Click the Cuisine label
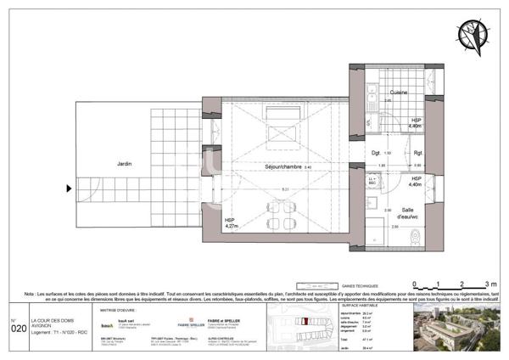400,93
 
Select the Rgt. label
417,154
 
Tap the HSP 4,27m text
230,222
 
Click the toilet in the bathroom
414,237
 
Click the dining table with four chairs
281,215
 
